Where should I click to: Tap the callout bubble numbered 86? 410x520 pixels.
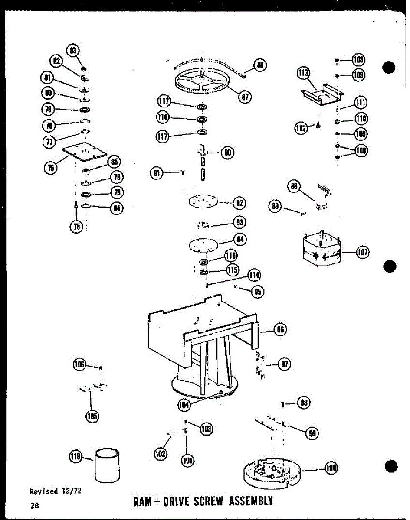point(260,65)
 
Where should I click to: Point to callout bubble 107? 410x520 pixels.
point(363,252)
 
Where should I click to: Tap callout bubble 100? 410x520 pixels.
point(331,468)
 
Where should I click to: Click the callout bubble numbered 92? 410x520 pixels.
point(239,203)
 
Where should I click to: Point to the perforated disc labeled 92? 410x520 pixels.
point(202,201)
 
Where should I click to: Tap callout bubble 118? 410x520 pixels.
point(164,118)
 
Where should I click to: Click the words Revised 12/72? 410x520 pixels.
point(56,491)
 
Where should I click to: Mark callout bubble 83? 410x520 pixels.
point(73,50)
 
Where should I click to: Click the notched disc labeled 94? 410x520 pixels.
point(203,244)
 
